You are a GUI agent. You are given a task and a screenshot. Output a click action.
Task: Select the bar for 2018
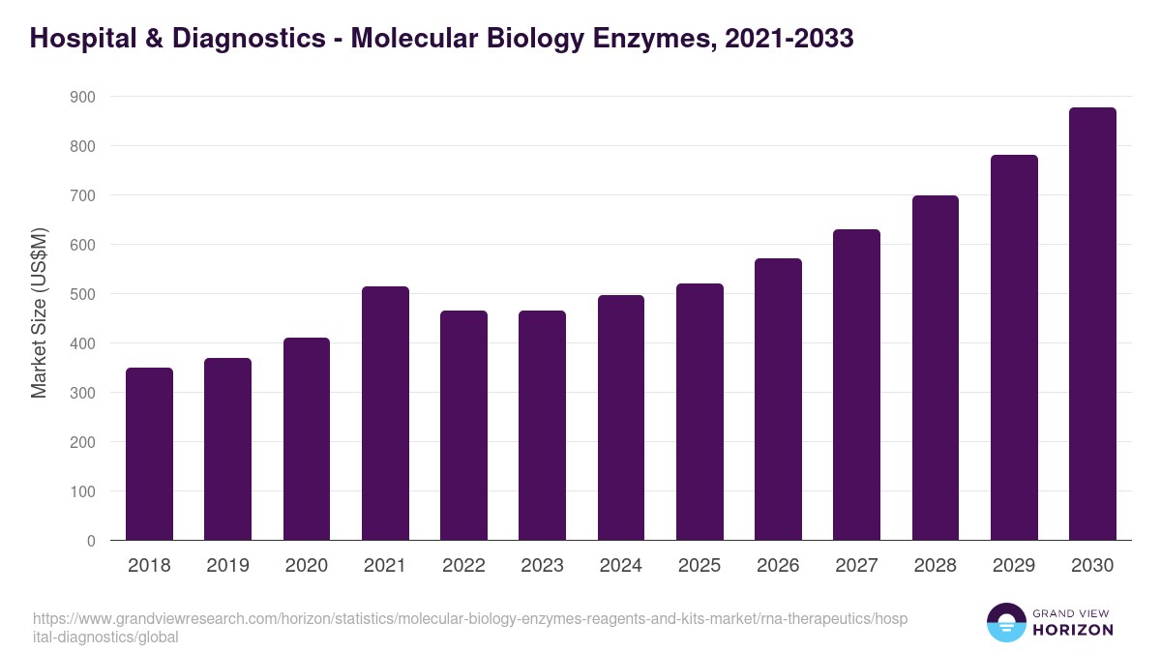(x=149, y=454)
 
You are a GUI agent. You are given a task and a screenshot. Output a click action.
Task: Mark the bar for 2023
(x=542, y=426)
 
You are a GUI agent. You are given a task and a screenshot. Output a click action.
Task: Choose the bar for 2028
(x=935, y=368)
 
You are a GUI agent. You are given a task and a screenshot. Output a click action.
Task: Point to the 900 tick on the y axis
(x=82, y=97)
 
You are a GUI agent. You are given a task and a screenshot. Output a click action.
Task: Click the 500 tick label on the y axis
(x=82, y=294)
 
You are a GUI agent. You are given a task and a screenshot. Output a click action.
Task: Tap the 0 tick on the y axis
(x=90, y=541)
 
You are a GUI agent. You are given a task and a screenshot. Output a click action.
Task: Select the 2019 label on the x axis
(x=227, y=566)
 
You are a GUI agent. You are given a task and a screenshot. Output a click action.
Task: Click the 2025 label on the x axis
(x=700, y=566)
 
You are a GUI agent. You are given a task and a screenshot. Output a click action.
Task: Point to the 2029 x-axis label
(x=1014, y=566)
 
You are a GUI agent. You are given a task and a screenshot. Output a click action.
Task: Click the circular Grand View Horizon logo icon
(x=1005, y=622)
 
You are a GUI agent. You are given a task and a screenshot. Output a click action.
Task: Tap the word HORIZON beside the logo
(x=1073, y=630)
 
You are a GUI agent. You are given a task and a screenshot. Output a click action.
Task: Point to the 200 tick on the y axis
(x=82, y=442)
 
